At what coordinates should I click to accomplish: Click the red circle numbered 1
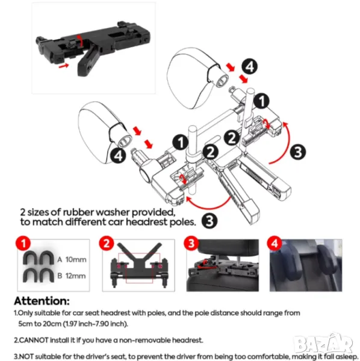(23, 243)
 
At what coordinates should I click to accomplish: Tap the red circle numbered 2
(107, 243)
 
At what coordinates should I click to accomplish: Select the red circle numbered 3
(191, 243)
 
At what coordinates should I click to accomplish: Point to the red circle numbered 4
(275, 243)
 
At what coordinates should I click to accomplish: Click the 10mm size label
(76, 260)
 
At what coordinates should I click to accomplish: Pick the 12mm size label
(75, 276)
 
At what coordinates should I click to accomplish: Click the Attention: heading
(42, 301)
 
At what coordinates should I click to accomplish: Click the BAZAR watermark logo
(324, 344)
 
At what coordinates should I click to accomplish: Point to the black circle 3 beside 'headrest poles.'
(209, 221)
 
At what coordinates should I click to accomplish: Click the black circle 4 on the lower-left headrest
(119, 156)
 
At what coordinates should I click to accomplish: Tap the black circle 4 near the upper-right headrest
(250, 67)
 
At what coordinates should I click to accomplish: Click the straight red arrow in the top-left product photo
(64, 66)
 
